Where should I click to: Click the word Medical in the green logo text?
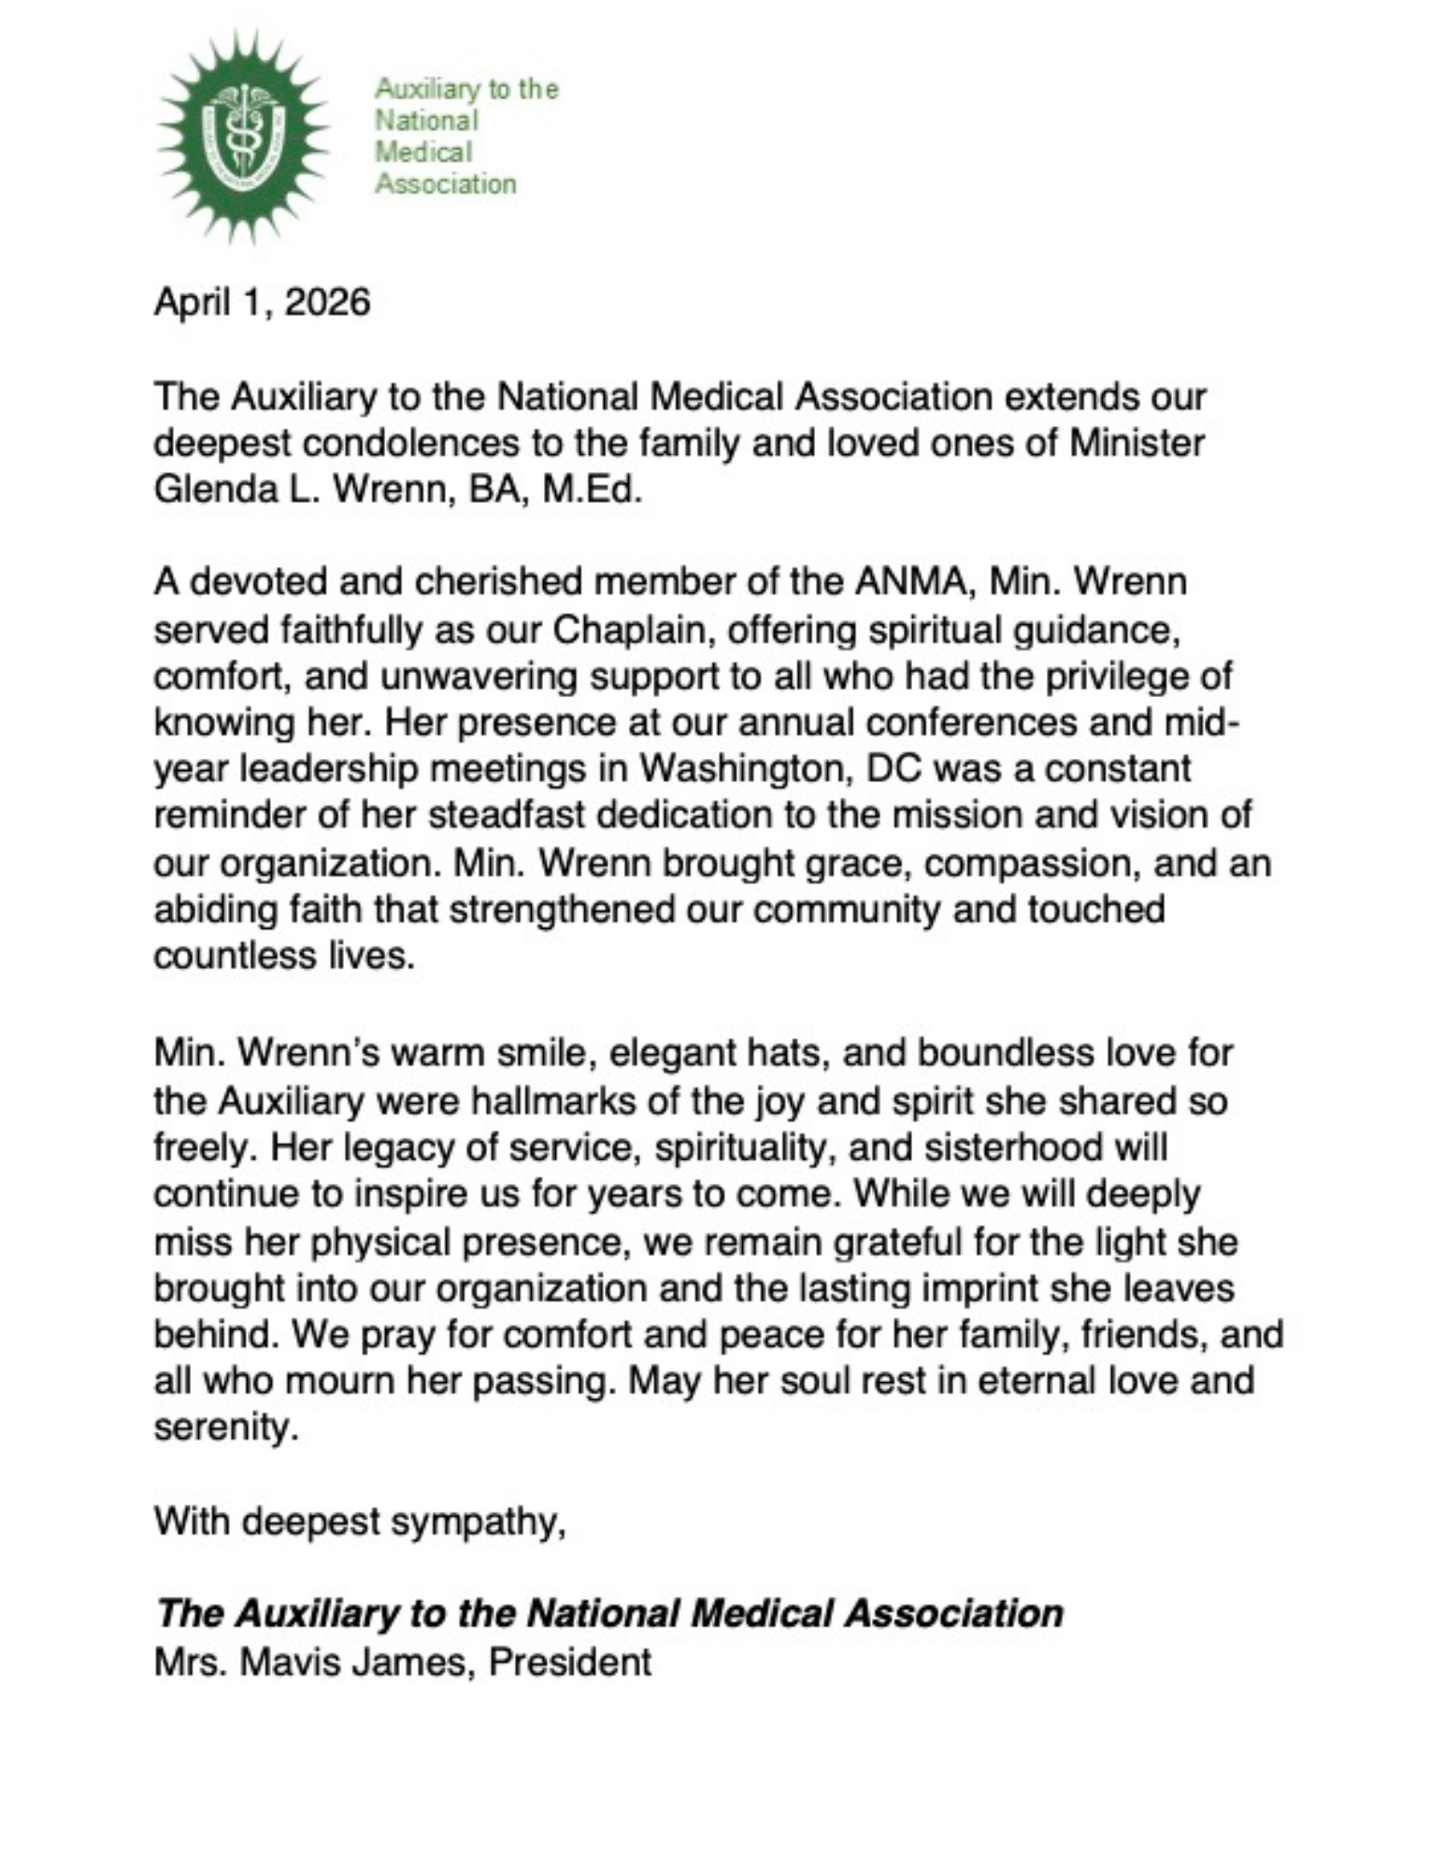point(422,151)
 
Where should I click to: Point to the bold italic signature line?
point(608,1614)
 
